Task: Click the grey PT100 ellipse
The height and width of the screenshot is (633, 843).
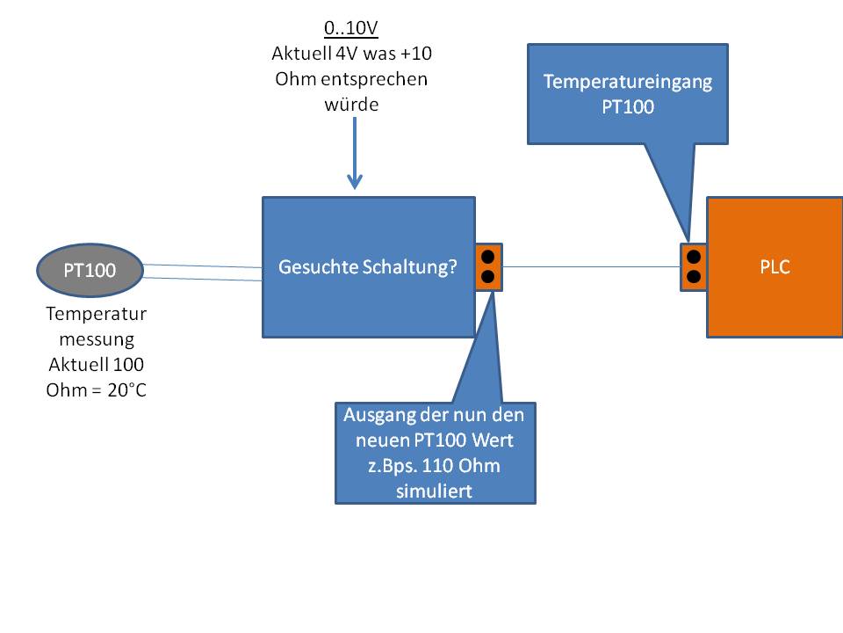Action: [90, 271]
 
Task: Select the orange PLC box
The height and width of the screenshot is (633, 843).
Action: [775, 267]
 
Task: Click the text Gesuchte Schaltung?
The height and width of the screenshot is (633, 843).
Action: [368, 267]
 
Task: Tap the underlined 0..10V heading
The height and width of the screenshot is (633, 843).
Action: [351, 27]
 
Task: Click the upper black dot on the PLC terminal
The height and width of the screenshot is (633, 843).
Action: [694, 258]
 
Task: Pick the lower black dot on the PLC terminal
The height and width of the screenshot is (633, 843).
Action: [694, 277]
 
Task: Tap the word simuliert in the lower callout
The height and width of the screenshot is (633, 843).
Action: [435, 491]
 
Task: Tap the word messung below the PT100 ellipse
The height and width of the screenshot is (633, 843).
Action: [96, 338]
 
